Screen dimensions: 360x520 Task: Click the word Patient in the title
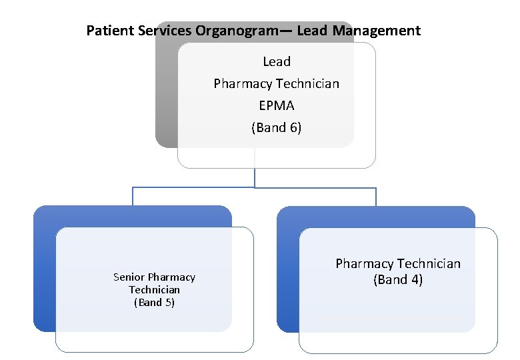[108, 31]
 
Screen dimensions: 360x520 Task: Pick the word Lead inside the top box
[276, 61]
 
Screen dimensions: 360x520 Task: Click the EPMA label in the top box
[276, 105]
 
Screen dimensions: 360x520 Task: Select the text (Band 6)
[276, 127]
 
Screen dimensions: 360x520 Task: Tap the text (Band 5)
[154, 302]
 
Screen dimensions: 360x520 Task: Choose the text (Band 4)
[397, 280]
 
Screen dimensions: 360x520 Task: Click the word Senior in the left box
[129, 277]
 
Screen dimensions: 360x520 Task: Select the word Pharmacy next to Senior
[172, 277]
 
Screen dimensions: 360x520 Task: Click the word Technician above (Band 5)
[154, 289]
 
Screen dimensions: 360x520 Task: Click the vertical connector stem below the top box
[255, 177]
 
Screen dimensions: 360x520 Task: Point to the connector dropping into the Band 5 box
[133, 197]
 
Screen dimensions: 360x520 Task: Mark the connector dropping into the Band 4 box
[376, 197]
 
